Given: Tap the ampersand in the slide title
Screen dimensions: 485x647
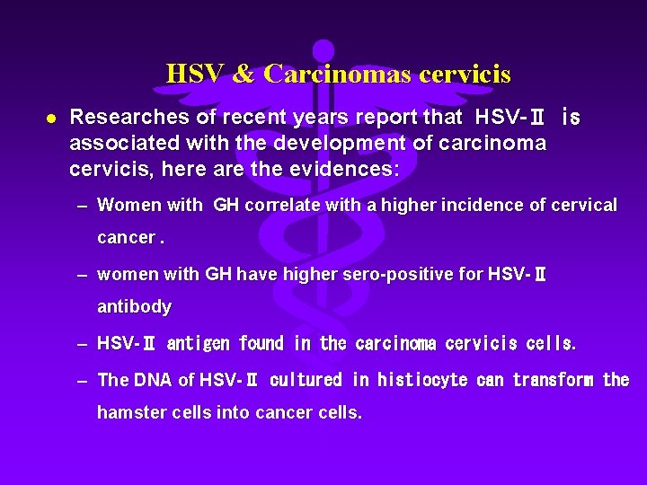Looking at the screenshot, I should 244,74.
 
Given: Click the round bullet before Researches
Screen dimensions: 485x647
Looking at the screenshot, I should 52,118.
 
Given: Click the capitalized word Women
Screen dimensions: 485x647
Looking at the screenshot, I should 125,206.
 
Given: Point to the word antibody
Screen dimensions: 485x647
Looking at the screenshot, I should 134,307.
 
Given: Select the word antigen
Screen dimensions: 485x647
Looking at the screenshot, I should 199,344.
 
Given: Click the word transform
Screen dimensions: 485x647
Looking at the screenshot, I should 554,380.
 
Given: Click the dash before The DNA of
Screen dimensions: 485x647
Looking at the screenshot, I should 82,381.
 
